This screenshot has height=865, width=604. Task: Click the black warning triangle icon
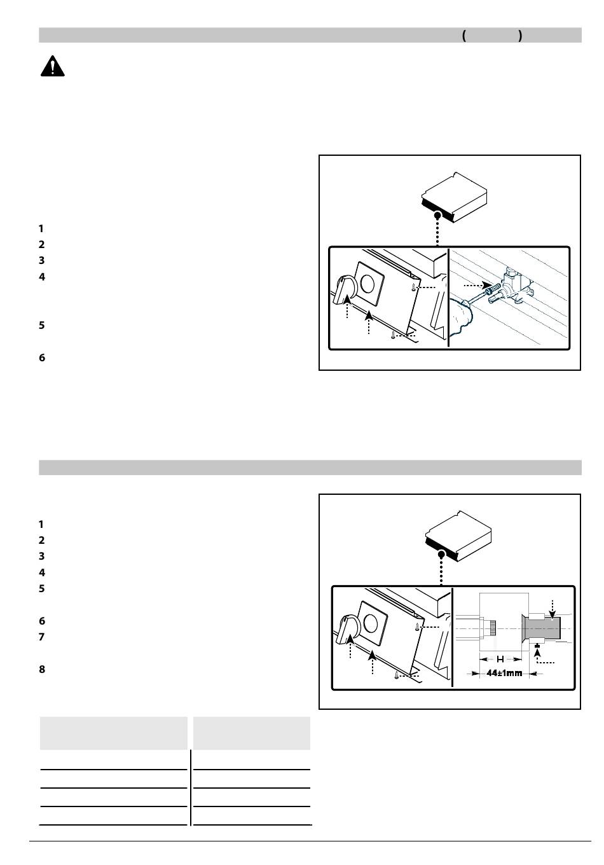53,66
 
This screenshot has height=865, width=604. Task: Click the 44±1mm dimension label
504,673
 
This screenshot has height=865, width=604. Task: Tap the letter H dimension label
500,659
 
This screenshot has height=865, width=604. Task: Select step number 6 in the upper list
42,357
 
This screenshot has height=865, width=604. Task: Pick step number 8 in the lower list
42,669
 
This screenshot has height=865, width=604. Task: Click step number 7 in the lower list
42,637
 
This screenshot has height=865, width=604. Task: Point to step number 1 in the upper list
41,228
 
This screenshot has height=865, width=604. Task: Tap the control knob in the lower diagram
347,630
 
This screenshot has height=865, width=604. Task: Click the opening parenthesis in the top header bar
464,36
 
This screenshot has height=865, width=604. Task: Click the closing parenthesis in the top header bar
520,36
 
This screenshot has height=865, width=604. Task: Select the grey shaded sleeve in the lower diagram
542,628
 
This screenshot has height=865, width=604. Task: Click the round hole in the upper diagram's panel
367,283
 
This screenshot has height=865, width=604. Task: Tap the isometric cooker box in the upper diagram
454,197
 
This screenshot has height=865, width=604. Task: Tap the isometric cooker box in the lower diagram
458,536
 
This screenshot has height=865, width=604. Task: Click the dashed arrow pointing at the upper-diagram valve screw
475,286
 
